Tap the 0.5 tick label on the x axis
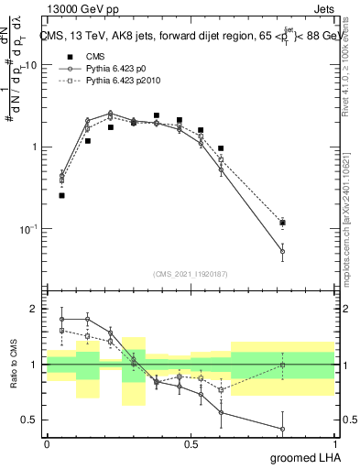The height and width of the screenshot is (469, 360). click(191, 444)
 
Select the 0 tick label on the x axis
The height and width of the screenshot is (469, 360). click(47, 444)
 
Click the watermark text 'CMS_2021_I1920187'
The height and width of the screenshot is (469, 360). click(191, 273)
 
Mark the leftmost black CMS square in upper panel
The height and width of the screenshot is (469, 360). click(61, 195)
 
